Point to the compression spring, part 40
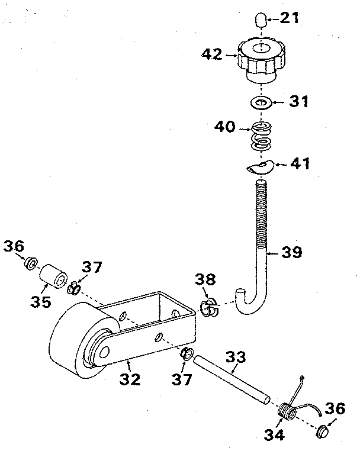[261, 136]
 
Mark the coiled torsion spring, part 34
[287, 409]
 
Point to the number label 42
[211, 55]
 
